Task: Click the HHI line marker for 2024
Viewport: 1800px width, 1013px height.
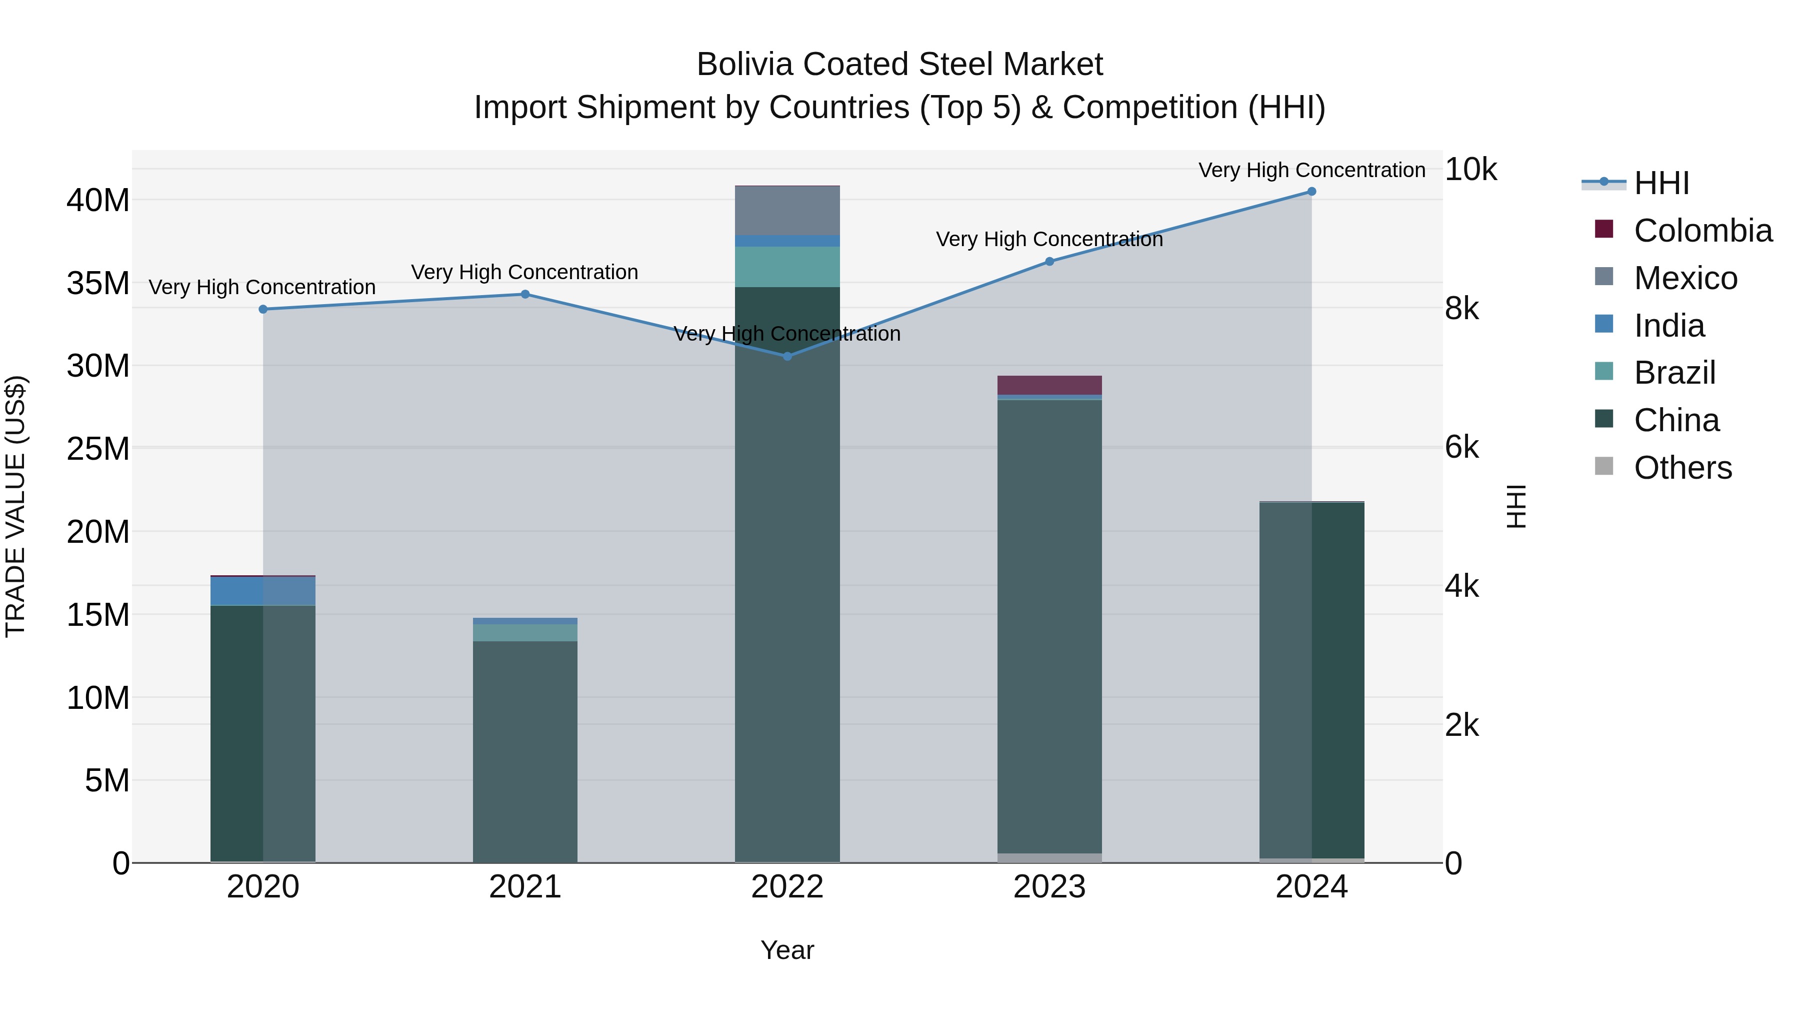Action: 1311,192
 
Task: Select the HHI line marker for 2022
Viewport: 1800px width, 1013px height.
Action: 787,357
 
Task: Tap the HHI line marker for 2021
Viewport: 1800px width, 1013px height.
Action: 525,294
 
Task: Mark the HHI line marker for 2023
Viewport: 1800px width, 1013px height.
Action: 1049,262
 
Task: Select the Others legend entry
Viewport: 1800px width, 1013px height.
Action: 1682,468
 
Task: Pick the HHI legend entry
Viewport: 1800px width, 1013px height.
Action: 1661,183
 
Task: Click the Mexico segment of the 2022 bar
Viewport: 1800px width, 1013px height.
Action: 787,211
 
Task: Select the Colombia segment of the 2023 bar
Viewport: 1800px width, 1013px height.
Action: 1049,385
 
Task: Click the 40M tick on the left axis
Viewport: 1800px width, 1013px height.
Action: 98,201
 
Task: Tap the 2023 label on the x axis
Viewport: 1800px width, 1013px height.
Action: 1049,887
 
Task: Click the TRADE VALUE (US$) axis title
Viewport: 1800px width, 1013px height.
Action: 15,506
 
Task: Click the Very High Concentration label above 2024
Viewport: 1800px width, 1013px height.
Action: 1311,170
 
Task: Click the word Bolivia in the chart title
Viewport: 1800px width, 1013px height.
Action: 745,65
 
